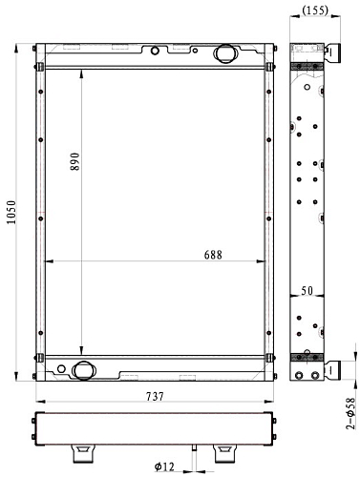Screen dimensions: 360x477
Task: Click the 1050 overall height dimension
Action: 11,212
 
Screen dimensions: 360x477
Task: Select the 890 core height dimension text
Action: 74,161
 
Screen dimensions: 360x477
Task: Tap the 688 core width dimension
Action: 213,255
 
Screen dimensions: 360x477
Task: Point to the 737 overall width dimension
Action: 155,397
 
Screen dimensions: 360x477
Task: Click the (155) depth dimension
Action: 315,10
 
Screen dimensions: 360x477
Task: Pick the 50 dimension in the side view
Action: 307,290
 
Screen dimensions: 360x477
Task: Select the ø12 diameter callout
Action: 164,467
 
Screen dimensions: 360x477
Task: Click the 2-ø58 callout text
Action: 350,413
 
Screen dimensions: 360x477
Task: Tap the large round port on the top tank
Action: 224,53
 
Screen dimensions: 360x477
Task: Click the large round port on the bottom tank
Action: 84,370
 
